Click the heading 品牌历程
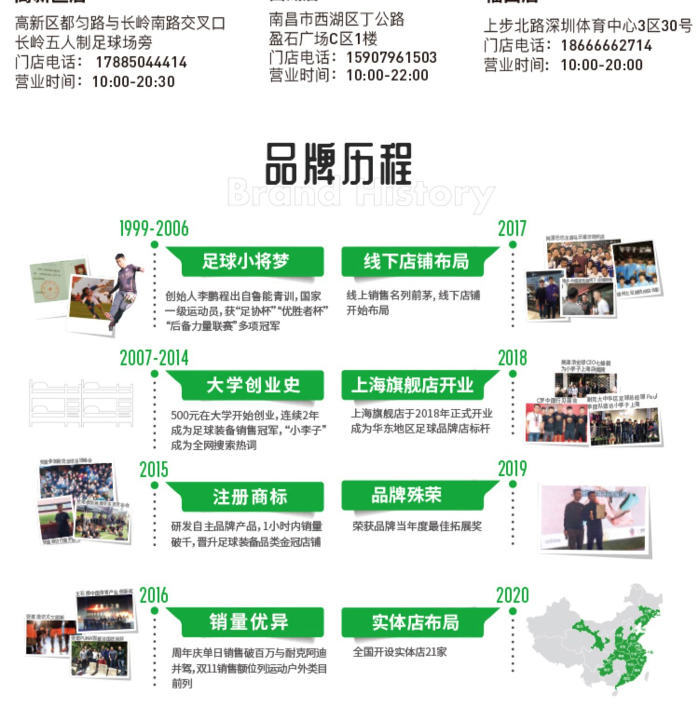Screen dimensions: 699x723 (x=338, y=164)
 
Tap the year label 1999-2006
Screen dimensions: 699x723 (x=154, y=229)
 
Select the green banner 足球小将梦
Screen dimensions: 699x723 (x=246, y=261)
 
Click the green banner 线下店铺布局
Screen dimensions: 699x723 (x=416, y=261)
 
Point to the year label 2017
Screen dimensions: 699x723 (x=512, y=229)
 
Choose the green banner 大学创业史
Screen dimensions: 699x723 (x=253, y=385)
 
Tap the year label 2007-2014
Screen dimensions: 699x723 (x=154, y=358)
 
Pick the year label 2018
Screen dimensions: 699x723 (x=512, y=358)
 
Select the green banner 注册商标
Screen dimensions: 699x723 (x=250, y=497)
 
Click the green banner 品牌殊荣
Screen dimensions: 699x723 (x=406, y=495)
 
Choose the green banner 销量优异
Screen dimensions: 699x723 (x=249, y=622)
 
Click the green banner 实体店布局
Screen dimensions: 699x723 (x=415, y=622)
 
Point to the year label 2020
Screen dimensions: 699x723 (x=512, y=595)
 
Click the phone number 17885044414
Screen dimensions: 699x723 (x=141, y=62)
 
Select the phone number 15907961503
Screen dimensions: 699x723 (x=391, y=57)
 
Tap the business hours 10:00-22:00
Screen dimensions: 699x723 (x=387, y=75)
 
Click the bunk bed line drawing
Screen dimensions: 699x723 (x=81, y=403)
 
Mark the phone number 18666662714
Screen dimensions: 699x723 (x=606, y=45)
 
